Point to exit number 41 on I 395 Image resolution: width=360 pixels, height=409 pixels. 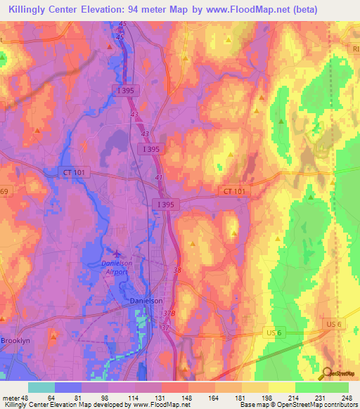(158, 178)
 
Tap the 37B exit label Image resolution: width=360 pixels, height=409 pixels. (167, 314)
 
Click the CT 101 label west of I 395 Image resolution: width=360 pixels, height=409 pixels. (71, 171)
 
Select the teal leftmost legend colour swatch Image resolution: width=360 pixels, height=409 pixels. (41, 387)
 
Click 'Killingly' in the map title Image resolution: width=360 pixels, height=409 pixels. (32, 10)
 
